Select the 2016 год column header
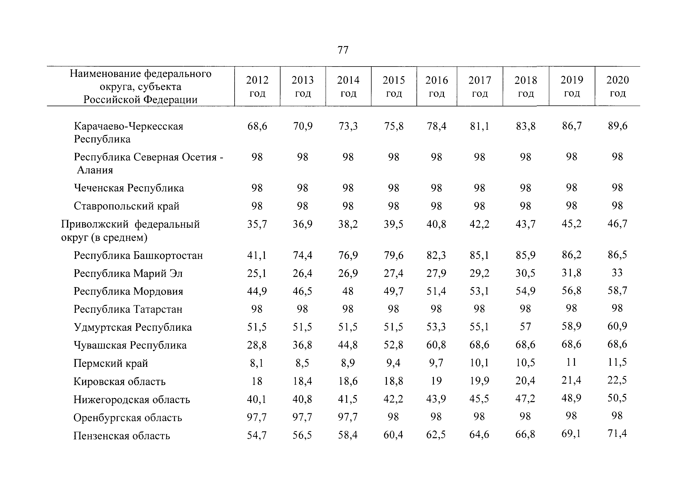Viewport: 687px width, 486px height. pos(437,86)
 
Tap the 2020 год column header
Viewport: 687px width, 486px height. pos(618,86)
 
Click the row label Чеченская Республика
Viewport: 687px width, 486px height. pos(129,188)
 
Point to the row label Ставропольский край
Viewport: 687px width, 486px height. pos(127,206)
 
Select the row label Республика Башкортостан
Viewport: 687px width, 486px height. pos(138,255)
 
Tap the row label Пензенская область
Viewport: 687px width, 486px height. pos(122,436)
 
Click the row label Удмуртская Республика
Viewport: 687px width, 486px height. pos(133,327)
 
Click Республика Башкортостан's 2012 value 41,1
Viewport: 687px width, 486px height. pos(257,255)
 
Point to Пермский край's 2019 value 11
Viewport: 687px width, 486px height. pos(571,362)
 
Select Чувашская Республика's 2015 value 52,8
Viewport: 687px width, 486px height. pos(394,345)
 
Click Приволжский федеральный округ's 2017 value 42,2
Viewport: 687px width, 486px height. pos(480,224)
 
